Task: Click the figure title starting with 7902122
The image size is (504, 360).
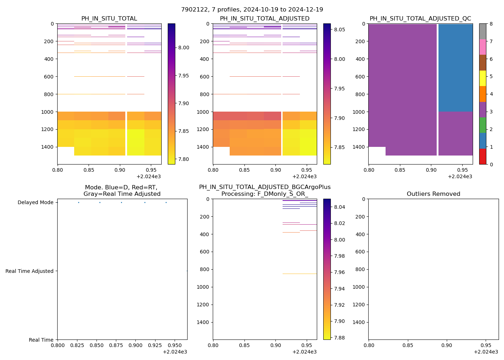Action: click(x=252, y=10)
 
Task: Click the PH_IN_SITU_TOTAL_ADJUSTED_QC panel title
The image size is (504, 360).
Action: click(x=420, y=19)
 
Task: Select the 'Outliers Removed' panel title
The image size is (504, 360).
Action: click(x=433, y=194)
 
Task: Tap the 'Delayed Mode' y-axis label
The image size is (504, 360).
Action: click(x=35, y=203)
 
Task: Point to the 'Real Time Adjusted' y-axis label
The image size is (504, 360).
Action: click(x=30, y=271)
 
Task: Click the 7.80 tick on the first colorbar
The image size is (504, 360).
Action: click(x=184, y=159)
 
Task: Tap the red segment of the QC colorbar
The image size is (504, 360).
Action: click(x=482, y=157)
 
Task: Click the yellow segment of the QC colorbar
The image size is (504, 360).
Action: click(x=482, y=78)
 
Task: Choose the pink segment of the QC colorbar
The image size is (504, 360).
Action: click(x=482, y=47)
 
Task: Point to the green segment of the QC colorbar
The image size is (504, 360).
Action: click(x=482, y=125)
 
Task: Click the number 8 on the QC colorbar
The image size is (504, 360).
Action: click(x=491, y=24)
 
